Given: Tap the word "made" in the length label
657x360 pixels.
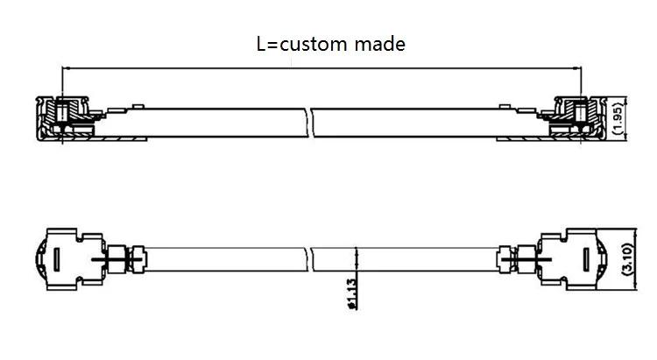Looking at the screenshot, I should click(x=382, y=43).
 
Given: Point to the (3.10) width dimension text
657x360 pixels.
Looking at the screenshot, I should click(x=628, y=260).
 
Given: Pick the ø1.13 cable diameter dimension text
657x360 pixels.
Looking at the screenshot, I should click(x=350, y=294).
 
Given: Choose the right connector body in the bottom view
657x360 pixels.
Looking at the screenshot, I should click(x=575, y=259).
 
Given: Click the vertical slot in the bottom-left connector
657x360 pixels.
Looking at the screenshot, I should click(x=57, y=260).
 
